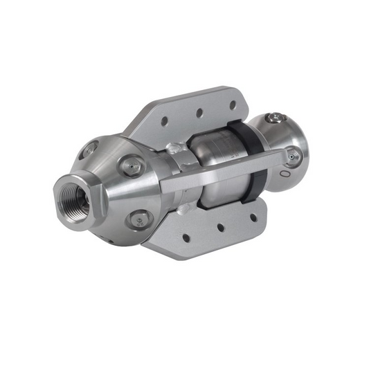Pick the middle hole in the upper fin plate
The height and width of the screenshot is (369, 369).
(199, 111)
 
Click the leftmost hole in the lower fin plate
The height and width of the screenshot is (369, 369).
(185, 237)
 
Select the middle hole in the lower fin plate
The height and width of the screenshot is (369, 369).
(220, 226)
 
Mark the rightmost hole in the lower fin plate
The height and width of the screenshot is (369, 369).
(253, 216)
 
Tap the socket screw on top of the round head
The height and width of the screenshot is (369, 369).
(276, 118)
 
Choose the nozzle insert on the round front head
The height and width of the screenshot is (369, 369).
(294, 155)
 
